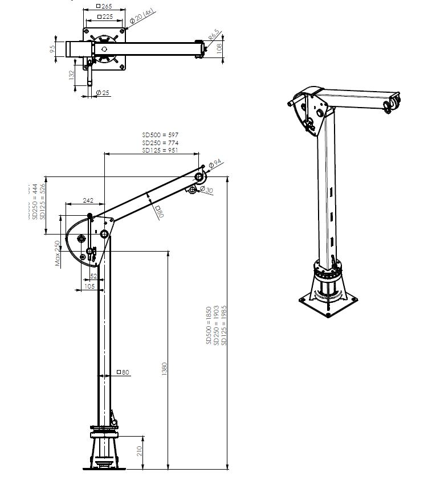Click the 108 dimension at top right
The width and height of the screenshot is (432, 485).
pos(221,49)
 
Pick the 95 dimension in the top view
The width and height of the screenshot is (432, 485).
pos(52,49)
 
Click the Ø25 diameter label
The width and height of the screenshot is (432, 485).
pos(103,92)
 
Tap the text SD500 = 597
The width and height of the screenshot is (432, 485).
pos(161,134)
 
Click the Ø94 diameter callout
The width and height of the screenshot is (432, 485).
pos(215,165)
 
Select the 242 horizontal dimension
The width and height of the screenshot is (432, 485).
pos(88,200)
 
